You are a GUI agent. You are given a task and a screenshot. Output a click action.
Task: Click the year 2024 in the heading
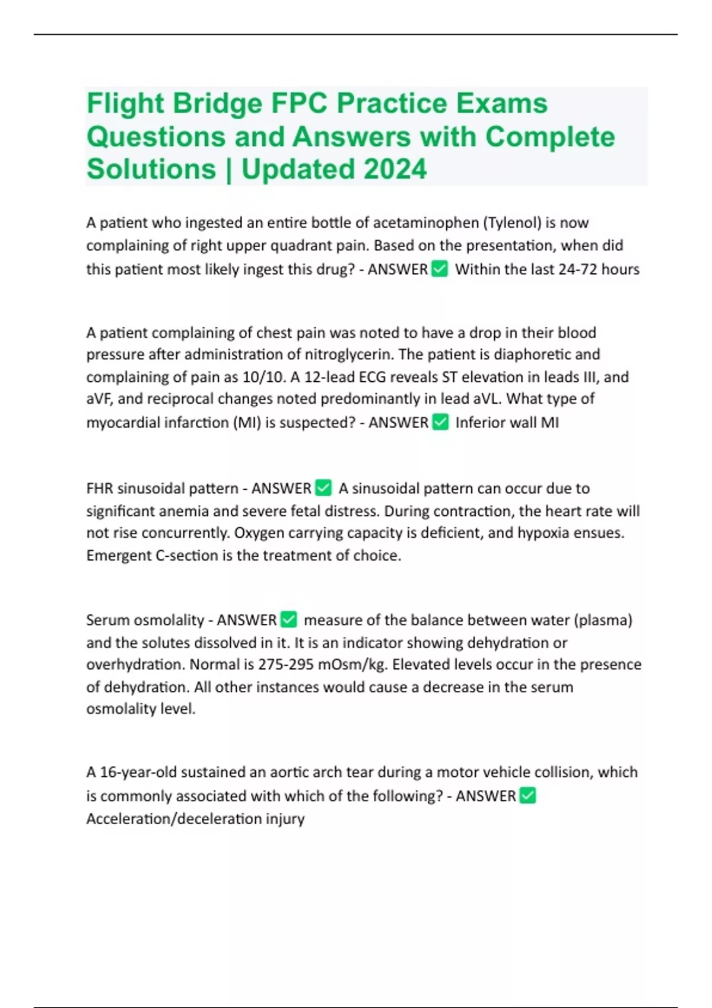click(395, 169)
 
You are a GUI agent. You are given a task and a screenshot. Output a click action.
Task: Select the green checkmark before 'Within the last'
click(440, 269)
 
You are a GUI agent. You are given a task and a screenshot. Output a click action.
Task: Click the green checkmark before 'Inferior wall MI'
click(440, 422)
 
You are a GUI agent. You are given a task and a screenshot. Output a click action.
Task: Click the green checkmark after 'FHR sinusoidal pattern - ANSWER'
click(323, 488)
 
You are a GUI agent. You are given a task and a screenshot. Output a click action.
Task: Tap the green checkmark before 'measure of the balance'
click(288, 620)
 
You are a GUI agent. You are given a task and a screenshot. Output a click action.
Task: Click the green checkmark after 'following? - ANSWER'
click(527, 796)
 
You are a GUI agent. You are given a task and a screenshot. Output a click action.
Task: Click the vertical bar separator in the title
click(228, 169)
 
